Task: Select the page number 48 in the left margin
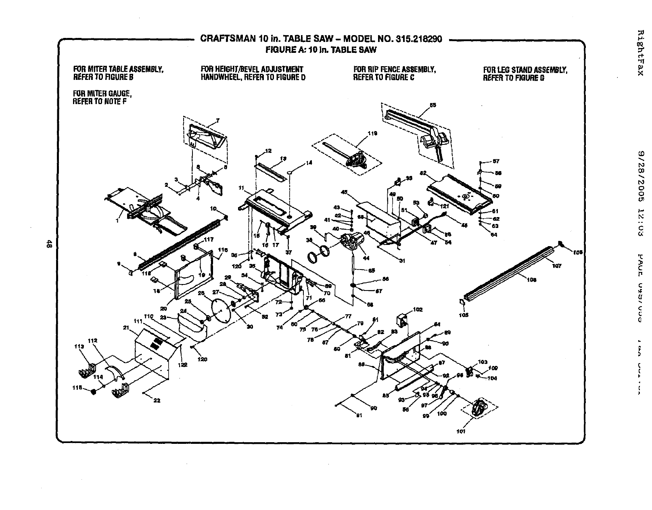point(49,245)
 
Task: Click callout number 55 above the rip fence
point(433,106)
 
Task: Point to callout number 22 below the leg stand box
point(157,400)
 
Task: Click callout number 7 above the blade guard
point(218,120)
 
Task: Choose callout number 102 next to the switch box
point(418,310)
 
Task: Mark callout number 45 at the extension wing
point(344,192)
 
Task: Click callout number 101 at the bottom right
point(461,431)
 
